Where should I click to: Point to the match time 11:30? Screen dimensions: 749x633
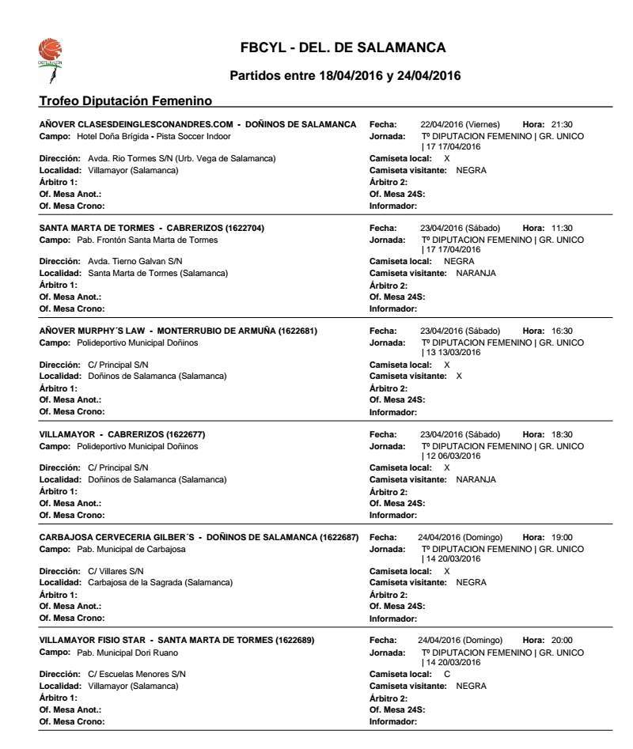563,229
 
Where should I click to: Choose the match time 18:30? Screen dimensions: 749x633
563,433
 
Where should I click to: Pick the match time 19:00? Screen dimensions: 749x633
563,539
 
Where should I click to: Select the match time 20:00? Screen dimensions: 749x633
563,641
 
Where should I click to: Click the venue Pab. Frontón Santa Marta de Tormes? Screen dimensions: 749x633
140,239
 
